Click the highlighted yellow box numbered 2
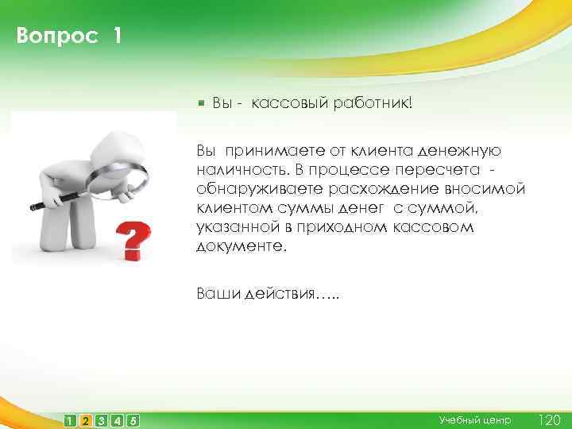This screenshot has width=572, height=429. [85, 419]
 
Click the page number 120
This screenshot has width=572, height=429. [549, 419]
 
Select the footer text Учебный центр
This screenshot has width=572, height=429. [475, 419]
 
